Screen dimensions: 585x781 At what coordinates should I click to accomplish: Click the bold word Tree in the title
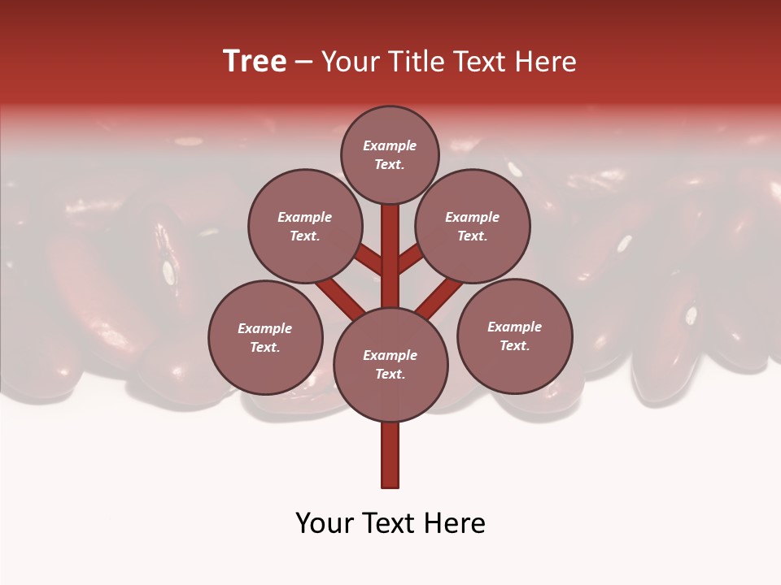[x=255, y=62]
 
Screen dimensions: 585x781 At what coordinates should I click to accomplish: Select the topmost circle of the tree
[x=390, y=154]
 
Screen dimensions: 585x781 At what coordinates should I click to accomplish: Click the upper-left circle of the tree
[x=304, y=226]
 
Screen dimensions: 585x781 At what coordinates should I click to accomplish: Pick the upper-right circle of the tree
[x=473, y=226]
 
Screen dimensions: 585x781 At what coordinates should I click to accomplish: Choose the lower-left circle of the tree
[x=265, y=337]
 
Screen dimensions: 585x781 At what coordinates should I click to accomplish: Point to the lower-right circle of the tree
[x=514, y=336]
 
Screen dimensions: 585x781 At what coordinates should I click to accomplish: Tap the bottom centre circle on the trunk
[x=390, y=365]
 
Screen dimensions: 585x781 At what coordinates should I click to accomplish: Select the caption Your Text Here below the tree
[x=390, y=523]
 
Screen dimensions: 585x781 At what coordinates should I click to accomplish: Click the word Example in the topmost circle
[x=390, y=145]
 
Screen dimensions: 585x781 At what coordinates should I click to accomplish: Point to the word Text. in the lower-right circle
[x=514, y=345]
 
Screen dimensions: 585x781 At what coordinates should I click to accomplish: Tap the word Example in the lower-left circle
[x=265, y=328]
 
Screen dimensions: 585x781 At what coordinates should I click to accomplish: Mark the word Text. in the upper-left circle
[x=304, y=236]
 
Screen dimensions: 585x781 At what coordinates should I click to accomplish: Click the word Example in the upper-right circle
[x=473, y=217]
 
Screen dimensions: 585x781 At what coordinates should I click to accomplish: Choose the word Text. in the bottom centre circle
[x=390, y=375]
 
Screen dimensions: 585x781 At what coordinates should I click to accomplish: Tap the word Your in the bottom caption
[x=323, y=523]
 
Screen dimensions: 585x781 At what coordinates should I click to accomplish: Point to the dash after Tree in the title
[x=304, y=63]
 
